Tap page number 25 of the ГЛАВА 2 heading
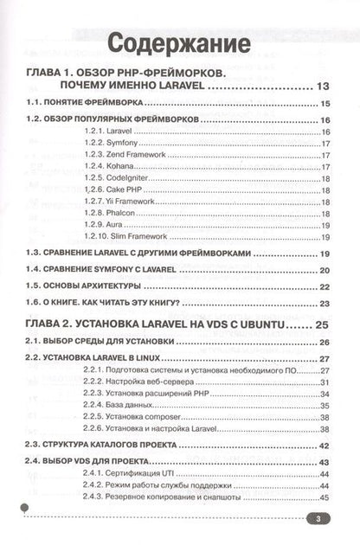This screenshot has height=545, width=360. click(x=323, y=325)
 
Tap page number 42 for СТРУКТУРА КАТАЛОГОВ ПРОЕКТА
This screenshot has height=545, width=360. click(x=325, y=445)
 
